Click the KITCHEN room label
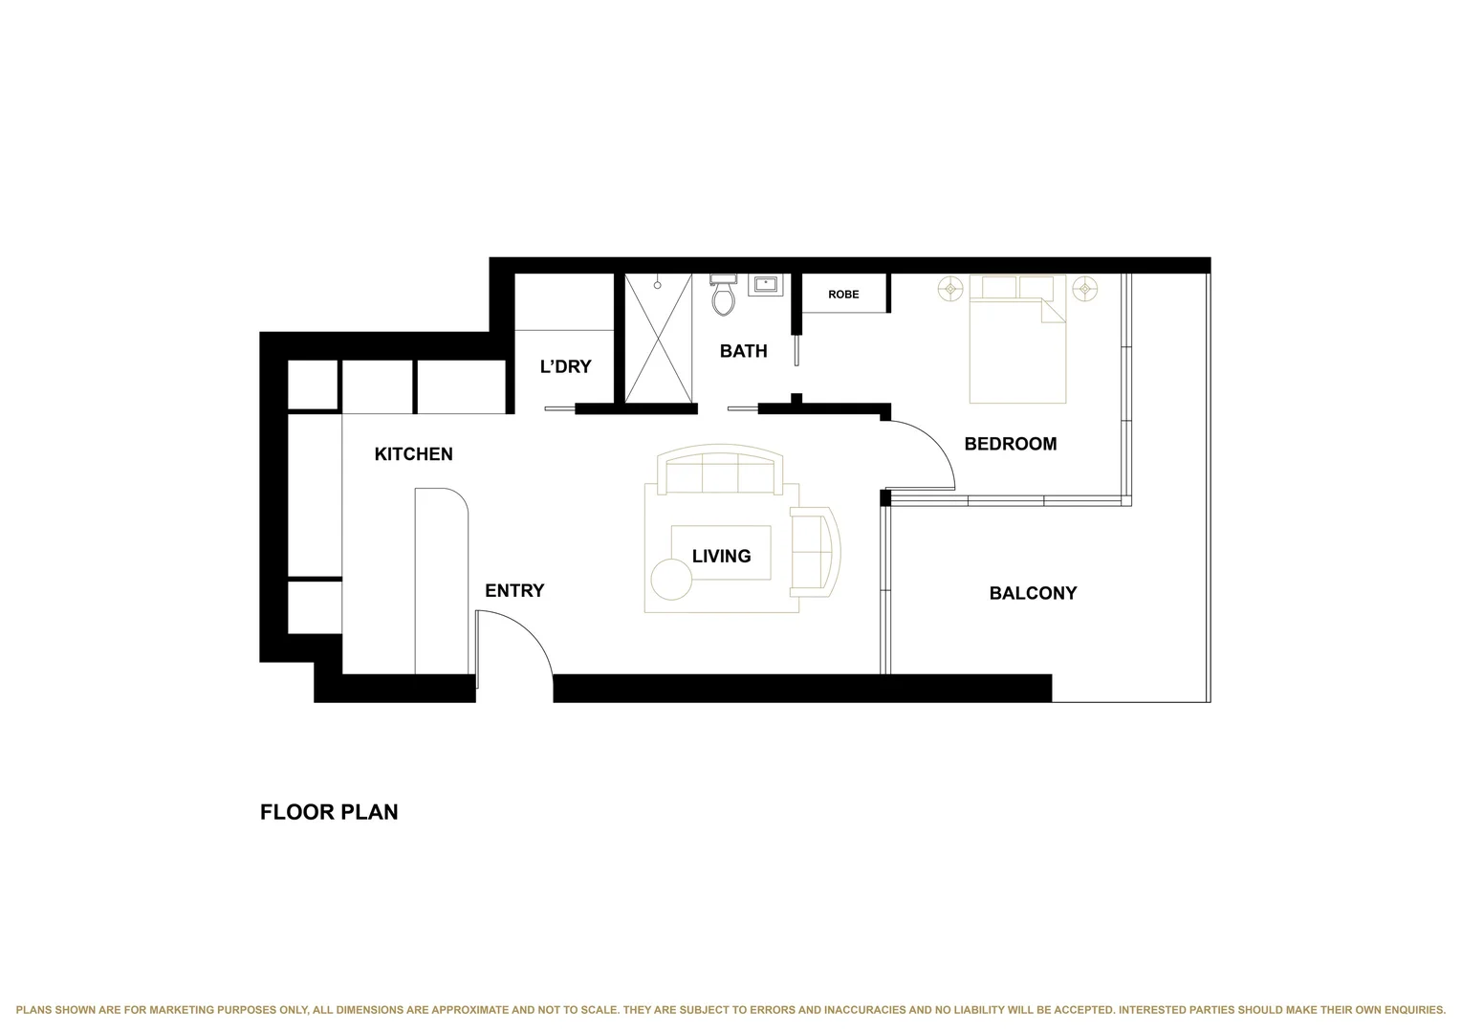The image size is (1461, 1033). (413, 454)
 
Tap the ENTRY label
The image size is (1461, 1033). (514, 591)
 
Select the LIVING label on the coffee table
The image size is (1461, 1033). (721, 556)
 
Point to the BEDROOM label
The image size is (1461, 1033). (1010, 444)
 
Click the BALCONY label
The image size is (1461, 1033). (1033, 593)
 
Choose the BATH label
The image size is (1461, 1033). (743, 351)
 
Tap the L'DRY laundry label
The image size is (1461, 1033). (565, 366)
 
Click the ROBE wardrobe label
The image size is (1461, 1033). (843, 295)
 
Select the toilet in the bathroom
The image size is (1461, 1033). (723, 297)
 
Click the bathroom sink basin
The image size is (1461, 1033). (766, 284)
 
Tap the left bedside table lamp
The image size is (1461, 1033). (950, 288)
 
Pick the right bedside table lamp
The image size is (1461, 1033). (1085, 288)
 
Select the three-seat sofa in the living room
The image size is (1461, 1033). (720, 471)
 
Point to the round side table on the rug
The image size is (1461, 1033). (671, 580)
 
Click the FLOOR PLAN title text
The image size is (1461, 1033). (329, 812)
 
